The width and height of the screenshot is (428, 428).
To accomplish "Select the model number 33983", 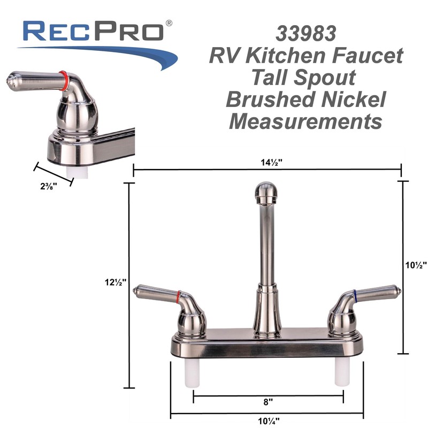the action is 306,34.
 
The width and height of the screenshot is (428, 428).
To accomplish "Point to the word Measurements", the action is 305,121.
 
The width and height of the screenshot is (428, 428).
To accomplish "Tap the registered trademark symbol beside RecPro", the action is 169,23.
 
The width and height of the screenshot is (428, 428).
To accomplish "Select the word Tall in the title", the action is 271,78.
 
